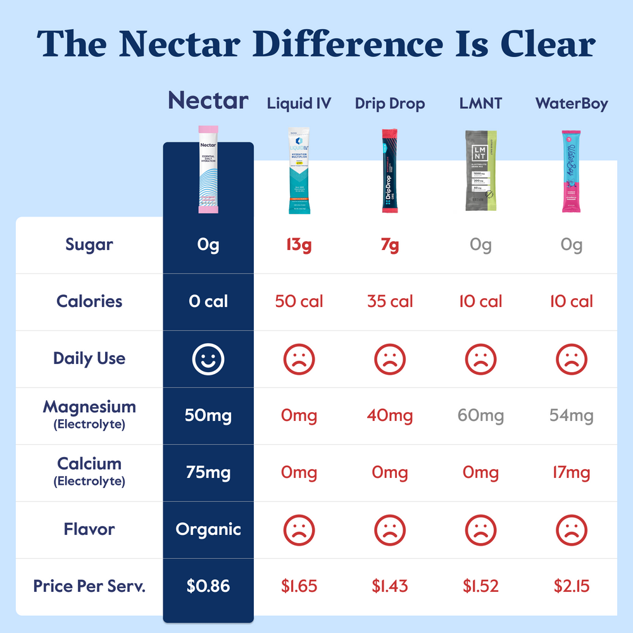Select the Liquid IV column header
[x=299, y=103]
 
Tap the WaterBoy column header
[x=572, y=103]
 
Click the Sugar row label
[x=89, y=245]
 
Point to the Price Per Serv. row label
[x=89, y=586]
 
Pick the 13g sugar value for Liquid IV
[x=299, y=245]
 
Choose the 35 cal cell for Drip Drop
[x=390, y=301]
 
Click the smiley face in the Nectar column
[x=208, y=359]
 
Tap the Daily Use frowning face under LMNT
[x=480, y=359]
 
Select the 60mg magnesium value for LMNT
[x=480, y=416]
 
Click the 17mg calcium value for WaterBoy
[x=572, y=473]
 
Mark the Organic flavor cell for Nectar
[x=208, y=529]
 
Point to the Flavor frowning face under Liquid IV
[x=299, y=529]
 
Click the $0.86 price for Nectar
[x=208, y=586]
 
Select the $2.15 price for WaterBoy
[x=572, y=586]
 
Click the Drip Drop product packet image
[x=390, y=171]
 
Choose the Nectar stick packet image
[x=208, y=168]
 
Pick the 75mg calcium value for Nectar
[x=208, y=473]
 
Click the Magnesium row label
[x=89, y=408]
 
